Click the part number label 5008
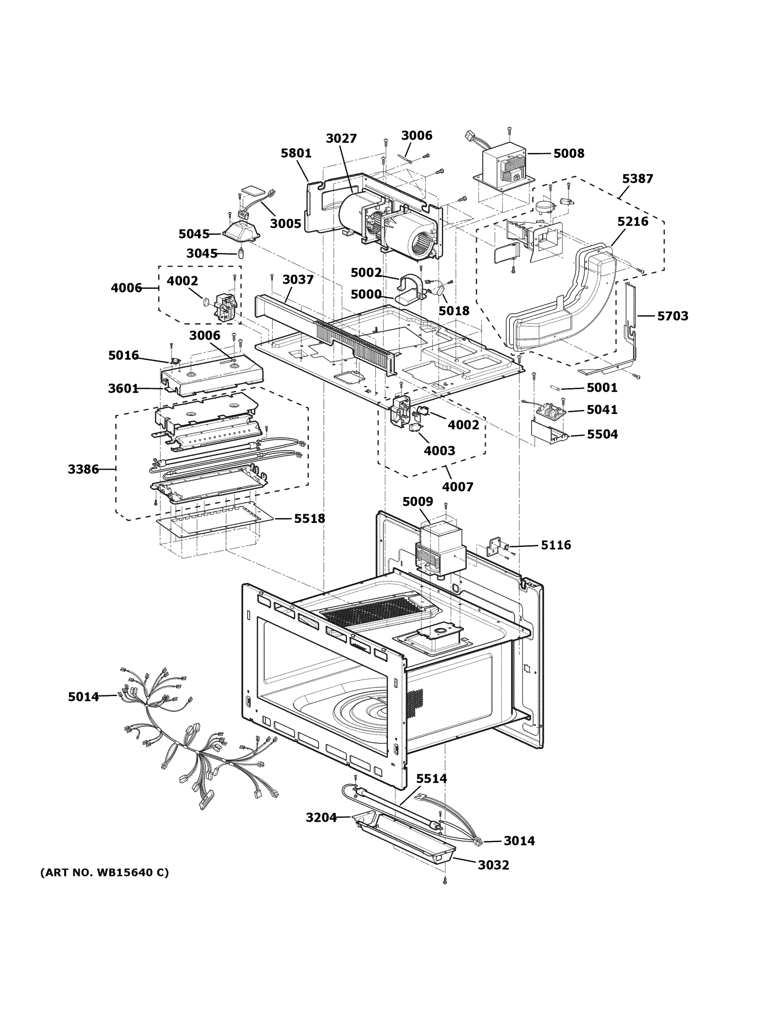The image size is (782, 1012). [x=568, y=153]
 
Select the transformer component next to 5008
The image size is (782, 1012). [x=503, y=169]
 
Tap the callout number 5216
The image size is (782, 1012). [x=632, y=221]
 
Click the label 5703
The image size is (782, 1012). [x=673, y=316]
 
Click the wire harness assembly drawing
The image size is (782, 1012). [x=195, y=741]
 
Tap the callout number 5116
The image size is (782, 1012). [x=556, y=545]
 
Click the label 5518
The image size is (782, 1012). [x=309, y=519]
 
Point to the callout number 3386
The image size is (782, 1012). [x=83, y=469]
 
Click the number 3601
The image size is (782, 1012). [x=123, y=389]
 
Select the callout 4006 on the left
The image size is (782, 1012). [x=126, y=288]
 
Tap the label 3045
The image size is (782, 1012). [x=202, y=253]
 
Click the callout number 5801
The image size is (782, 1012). [x=296, y=153]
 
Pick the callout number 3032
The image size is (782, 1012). [x=493, y=865]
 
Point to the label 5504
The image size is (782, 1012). [x=602, y=435]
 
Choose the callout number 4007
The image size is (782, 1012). [x=458, y=487]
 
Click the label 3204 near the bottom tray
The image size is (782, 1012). [x=321, y=818]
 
